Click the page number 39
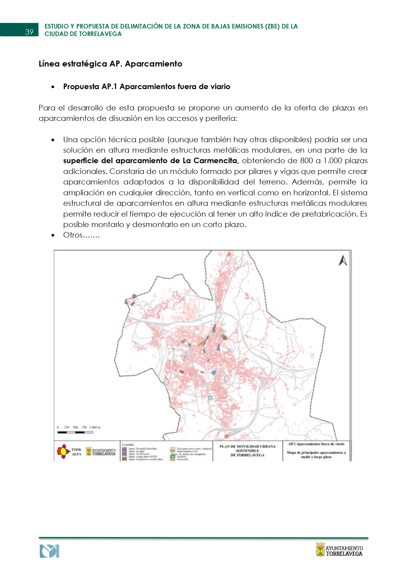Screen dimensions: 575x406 29,32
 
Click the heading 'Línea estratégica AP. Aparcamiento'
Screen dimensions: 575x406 110,64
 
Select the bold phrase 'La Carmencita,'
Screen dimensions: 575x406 211,161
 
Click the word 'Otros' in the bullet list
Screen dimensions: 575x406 73,235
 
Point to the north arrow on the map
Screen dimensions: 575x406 343,261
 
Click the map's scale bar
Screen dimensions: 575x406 76,432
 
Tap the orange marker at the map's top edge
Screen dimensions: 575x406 229,254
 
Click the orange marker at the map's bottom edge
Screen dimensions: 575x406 227,436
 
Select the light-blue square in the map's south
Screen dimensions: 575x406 211,398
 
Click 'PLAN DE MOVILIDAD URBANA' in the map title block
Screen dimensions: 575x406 248,446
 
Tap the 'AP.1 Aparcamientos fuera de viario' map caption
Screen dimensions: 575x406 316,444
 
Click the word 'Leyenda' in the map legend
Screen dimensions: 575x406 128,445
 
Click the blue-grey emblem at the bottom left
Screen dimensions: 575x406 49,551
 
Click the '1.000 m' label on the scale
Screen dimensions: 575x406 95,427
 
